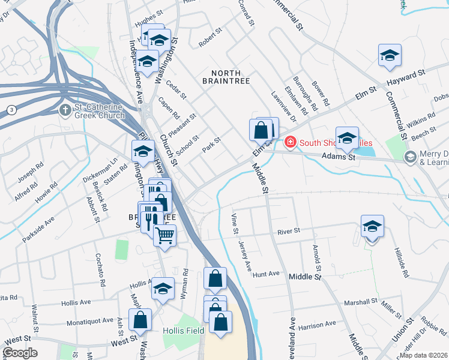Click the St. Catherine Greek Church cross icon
point(65,110)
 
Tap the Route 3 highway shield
point(11,109)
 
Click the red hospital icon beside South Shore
point(291,142)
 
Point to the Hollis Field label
point(183,331)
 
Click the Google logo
point(20,353)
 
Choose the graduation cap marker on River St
point(372,226)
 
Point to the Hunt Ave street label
point(267,274)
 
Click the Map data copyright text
point(423,355)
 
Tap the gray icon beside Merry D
point(411,158)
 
